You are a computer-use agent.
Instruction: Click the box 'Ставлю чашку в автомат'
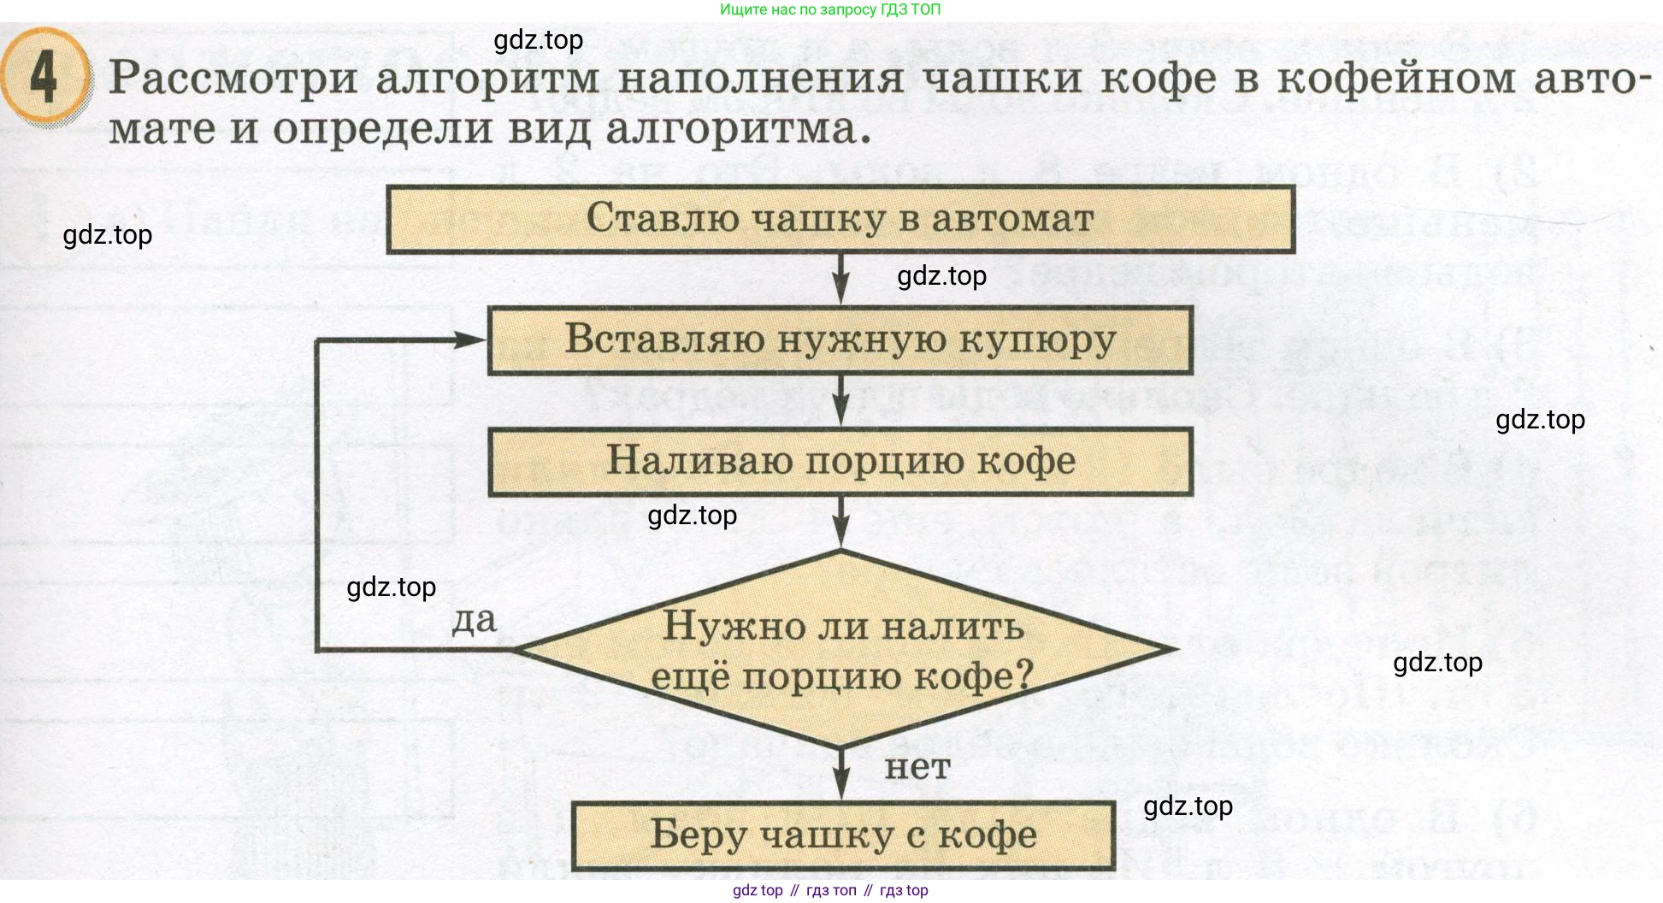click(x=840, y=219)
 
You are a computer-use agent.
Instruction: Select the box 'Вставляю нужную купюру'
click(x=840, y=340)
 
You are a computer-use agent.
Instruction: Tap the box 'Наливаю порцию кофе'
click(x=840, y=462)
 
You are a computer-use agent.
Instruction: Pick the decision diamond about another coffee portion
click(x=842, y=650)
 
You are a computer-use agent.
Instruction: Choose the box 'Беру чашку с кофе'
click(x=843, y=835)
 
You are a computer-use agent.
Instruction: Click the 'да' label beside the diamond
click(x=474, y=620)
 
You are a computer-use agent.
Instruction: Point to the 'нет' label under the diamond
click(x=917, y=767)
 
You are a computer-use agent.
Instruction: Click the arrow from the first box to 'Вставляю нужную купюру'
click(x=841, y=280)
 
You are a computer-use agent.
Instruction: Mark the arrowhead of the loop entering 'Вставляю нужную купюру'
click(x=470, y=340)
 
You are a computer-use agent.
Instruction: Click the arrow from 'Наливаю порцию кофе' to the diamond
click(x=841, y=522)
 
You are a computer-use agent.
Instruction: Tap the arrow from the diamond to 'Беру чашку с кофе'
click(x=841, y=775)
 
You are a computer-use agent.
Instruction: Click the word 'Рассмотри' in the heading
click(x=233, y=79)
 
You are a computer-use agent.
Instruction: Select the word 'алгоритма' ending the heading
click(x=738, y=130)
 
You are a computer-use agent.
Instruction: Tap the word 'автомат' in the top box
click(x=1012, y=219)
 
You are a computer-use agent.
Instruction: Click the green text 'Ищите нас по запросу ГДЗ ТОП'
click(x=829, y=9)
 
